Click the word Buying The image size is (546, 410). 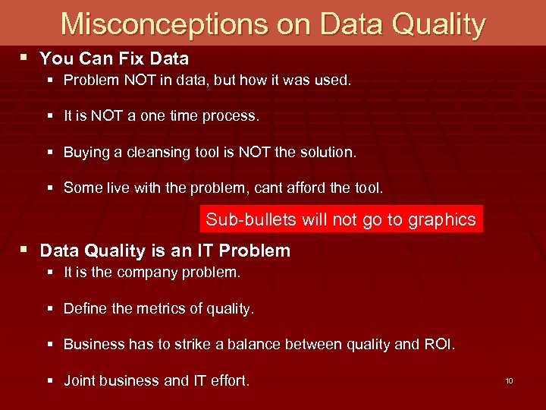(86, 153)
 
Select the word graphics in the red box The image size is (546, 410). (441, 220)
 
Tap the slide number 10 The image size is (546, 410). (509, 380)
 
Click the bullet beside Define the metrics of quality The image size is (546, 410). (50, 309)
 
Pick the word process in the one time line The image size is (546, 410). (232, 117)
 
